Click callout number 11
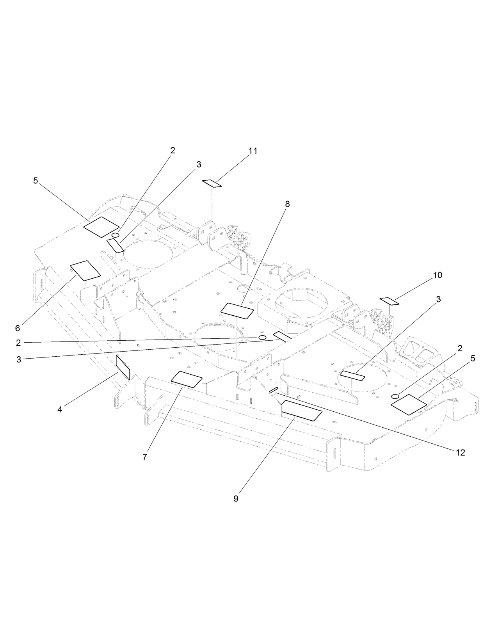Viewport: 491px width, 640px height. coord(253,151)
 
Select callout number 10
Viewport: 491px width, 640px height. coord(437,275)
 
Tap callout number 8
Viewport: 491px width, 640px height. coord(287,204)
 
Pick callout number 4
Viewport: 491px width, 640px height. coord(60,409)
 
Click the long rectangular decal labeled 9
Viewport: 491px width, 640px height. coord(302,410)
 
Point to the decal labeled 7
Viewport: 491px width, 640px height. coord(187,379)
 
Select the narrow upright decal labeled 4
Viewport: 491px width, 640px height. coord(123,367)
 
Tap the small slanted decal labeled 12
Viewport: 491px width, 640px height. coord(273,390)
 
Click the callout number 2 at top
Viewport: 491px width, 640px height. coord(173,151)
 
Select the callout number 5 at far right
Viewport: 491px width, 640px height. coord(473,359)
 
